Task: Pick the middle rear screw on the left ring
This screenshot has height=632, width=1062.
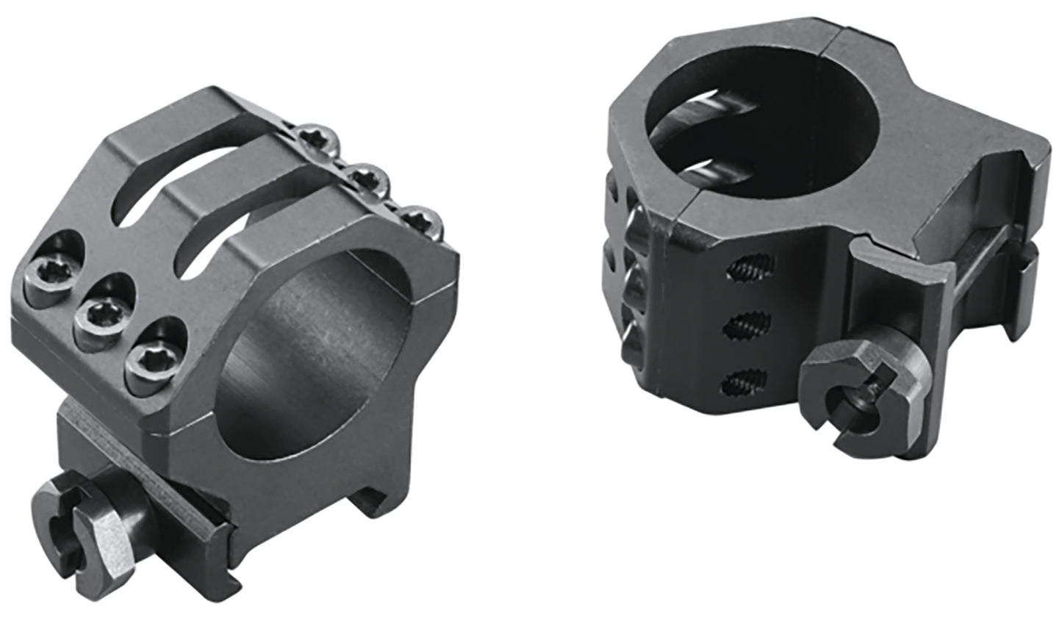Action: [x=367, y=179]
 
